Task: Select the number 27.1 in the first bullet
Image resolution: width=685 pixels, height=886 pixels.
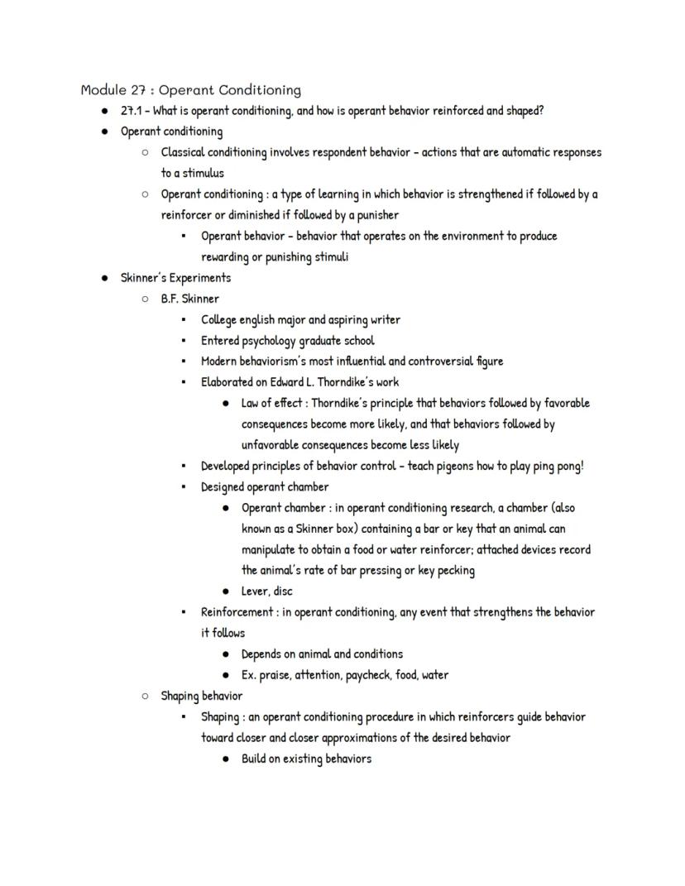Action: point(132,111)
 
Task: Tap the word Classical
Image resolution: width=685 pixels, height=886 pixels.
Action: point(184,152)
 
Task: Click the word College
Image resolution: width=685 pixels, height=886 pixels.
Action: point(218,320)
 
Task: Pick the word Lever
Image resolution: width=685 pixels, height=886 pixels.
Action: point(256,591)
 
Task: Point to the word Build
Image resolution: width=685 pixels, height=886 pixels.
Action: point(254,759)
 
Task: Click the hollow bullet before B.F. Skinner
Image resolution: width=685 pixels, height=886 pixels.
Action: point(146,299)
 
